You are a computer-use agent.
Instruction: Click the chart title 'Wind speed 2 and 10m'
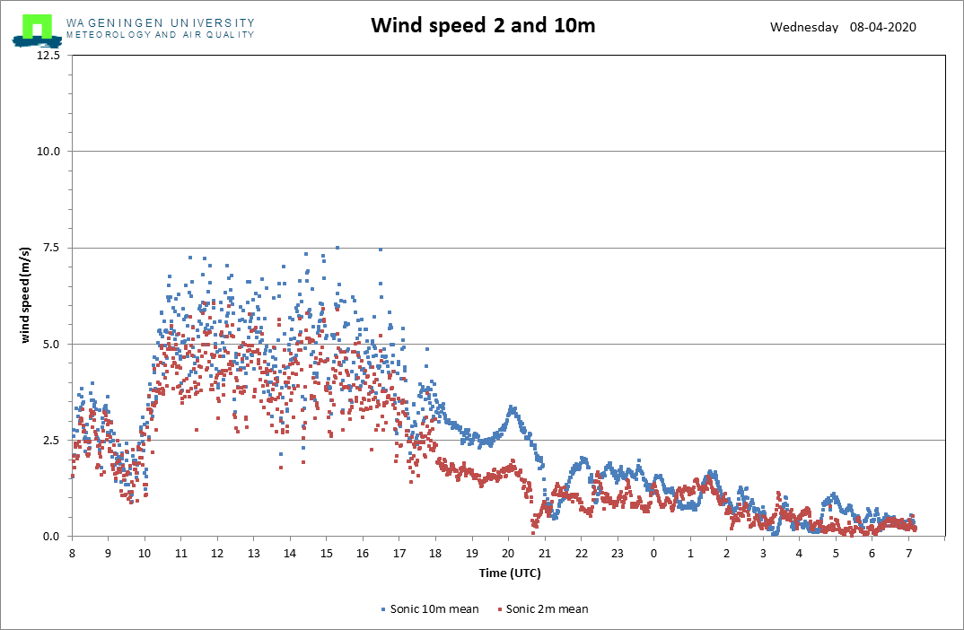(483, 25)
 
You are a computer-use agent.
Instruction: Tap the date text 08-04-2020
(883, 27)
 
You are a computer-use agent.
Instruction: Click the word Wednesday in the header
(804, 27)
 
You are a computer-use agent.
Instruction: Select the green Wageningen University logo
(37, 31)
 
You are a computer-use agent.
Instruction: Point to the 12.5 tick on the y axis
(48, 56)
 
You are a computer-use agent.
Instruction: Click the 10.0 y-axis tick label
(48, 151)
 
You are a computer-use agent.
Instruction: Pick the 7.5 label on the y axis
(52, 248)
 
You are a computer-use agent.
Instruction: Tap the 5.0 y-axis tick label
(52, 345)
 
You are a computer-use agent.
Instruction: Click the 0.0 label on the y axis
(52, 537)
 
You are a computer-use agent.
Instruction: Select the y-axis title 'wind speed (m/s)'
(25, 295)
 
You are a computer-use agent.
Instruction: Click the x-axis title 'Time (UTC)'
(510, 573)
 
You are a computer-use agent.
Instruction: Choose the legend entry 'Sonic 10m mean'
(430, 609)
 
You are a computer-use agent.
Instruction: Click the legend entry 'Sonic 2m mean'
(543, 609)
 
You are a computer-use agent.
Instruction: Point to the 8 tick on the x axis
(72, 553)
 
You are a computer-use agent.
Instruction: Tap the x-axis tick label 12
(217, 553)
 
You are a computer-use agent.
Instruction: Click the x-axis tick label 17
(399, 553)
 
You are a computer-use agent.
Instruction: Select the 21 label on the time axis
(545, 553)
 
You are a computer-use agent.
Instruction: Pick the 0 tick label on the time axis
(653, 553)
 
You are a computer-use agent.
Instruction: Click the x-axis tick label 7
(908, 553)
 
